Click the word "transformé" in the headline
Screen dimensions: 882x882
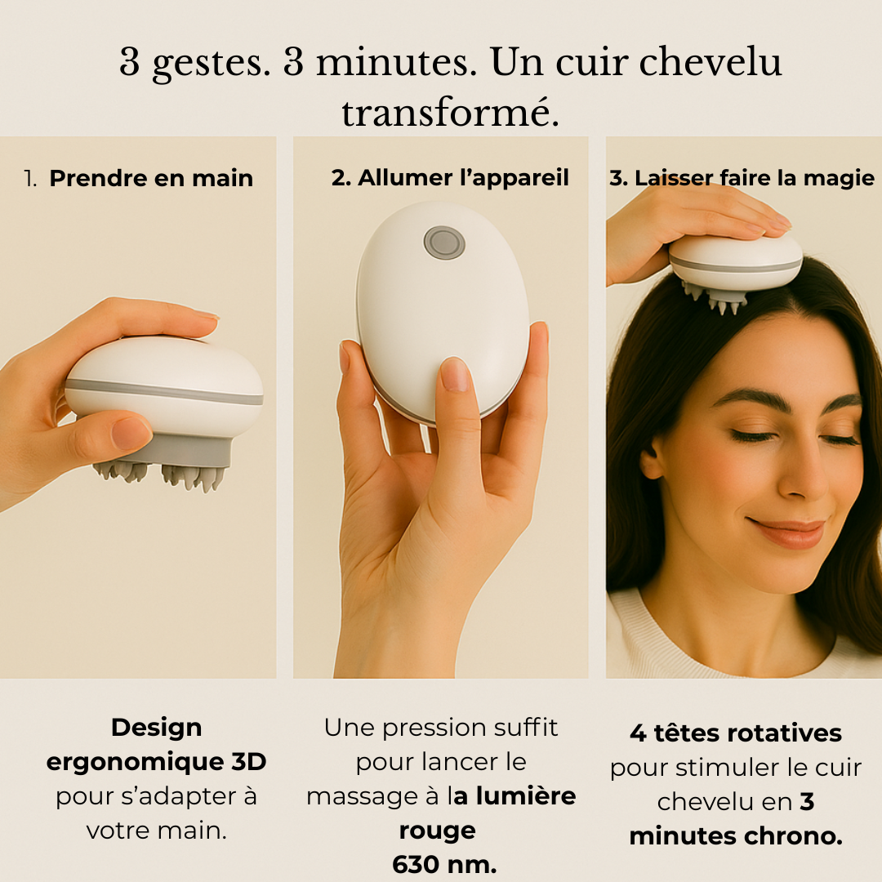450,113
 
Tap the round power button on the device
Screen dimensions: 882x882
444,243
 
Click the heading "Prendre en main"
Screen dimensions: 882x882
151,178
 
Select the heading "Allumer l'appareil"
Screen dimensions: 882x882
450,178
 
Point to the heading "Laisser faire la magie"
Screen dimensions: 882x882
742,178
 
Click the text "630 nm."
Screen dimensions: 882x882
444,864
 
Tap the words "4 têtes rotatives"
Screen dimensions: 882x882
735,733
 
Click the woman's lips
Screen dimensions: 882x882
788,533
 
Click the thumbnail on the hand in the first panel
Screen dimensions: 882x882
131,433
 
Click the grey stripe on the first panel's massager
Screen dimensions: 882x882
163,391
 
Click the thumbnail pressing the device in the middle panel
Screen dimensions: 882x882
455,374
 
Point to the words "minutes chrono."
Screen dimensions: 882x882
735,836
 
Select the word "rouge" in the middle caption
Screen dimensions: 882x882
437,831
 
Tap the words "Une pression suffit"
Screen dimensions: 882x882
441,728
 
